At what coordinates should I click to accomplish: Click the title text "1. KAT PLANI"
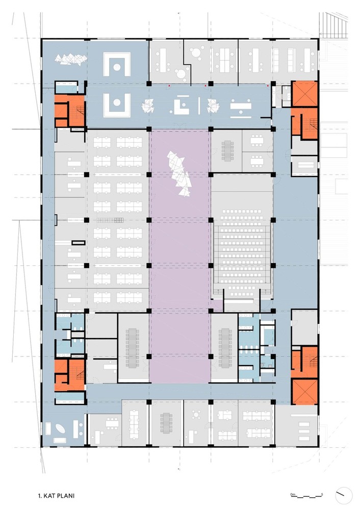click(56, 496)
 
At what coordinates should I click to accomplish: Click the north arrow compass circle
click(344, 496)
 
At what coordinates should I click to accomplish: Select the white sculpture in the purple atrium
click(179, 174)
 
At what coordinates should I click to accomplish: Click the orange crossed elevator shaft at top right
click(304, 94)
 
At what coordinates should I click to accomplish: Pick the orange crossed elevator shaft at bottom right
click(304, 392)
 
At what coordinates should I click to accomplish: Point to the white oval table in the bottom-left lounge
click(61, 429)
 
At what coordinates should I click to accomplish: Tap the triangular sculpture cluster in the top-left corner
click(71, 60)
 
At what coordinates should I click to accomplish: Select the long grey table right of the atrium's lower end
click(225, 347)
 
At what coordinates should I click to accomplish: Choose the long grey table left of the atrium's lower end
click(133, 347)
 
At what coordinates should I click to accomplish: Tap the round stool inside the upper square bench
click(117, 67)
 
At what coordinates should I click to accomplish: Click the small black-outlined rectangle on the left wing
click(79, 243)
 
